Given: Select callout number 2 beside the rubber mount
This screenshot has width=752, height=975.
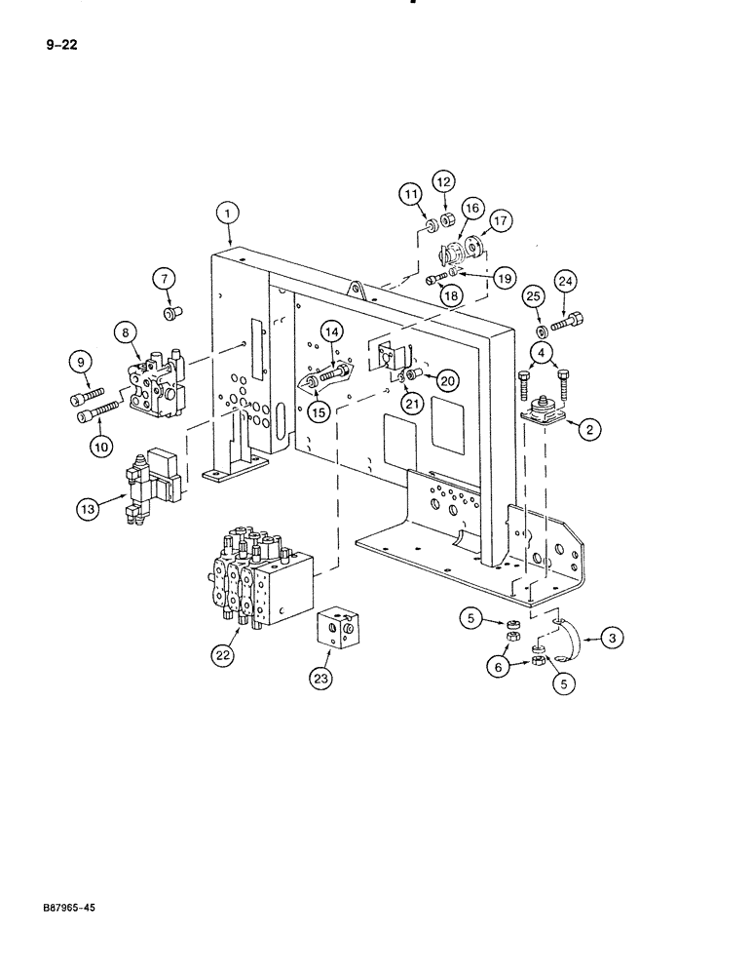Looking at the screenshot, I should coord(588,425).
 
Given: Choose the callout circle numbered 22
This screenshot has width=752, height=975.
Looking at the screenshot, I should coord(222,655).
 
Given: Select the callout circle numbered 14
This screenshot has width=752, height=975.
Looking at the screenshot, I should coord(331,333).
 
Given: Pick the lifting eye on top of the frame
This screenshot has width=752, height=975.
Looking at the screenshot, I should coord(357,291).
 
